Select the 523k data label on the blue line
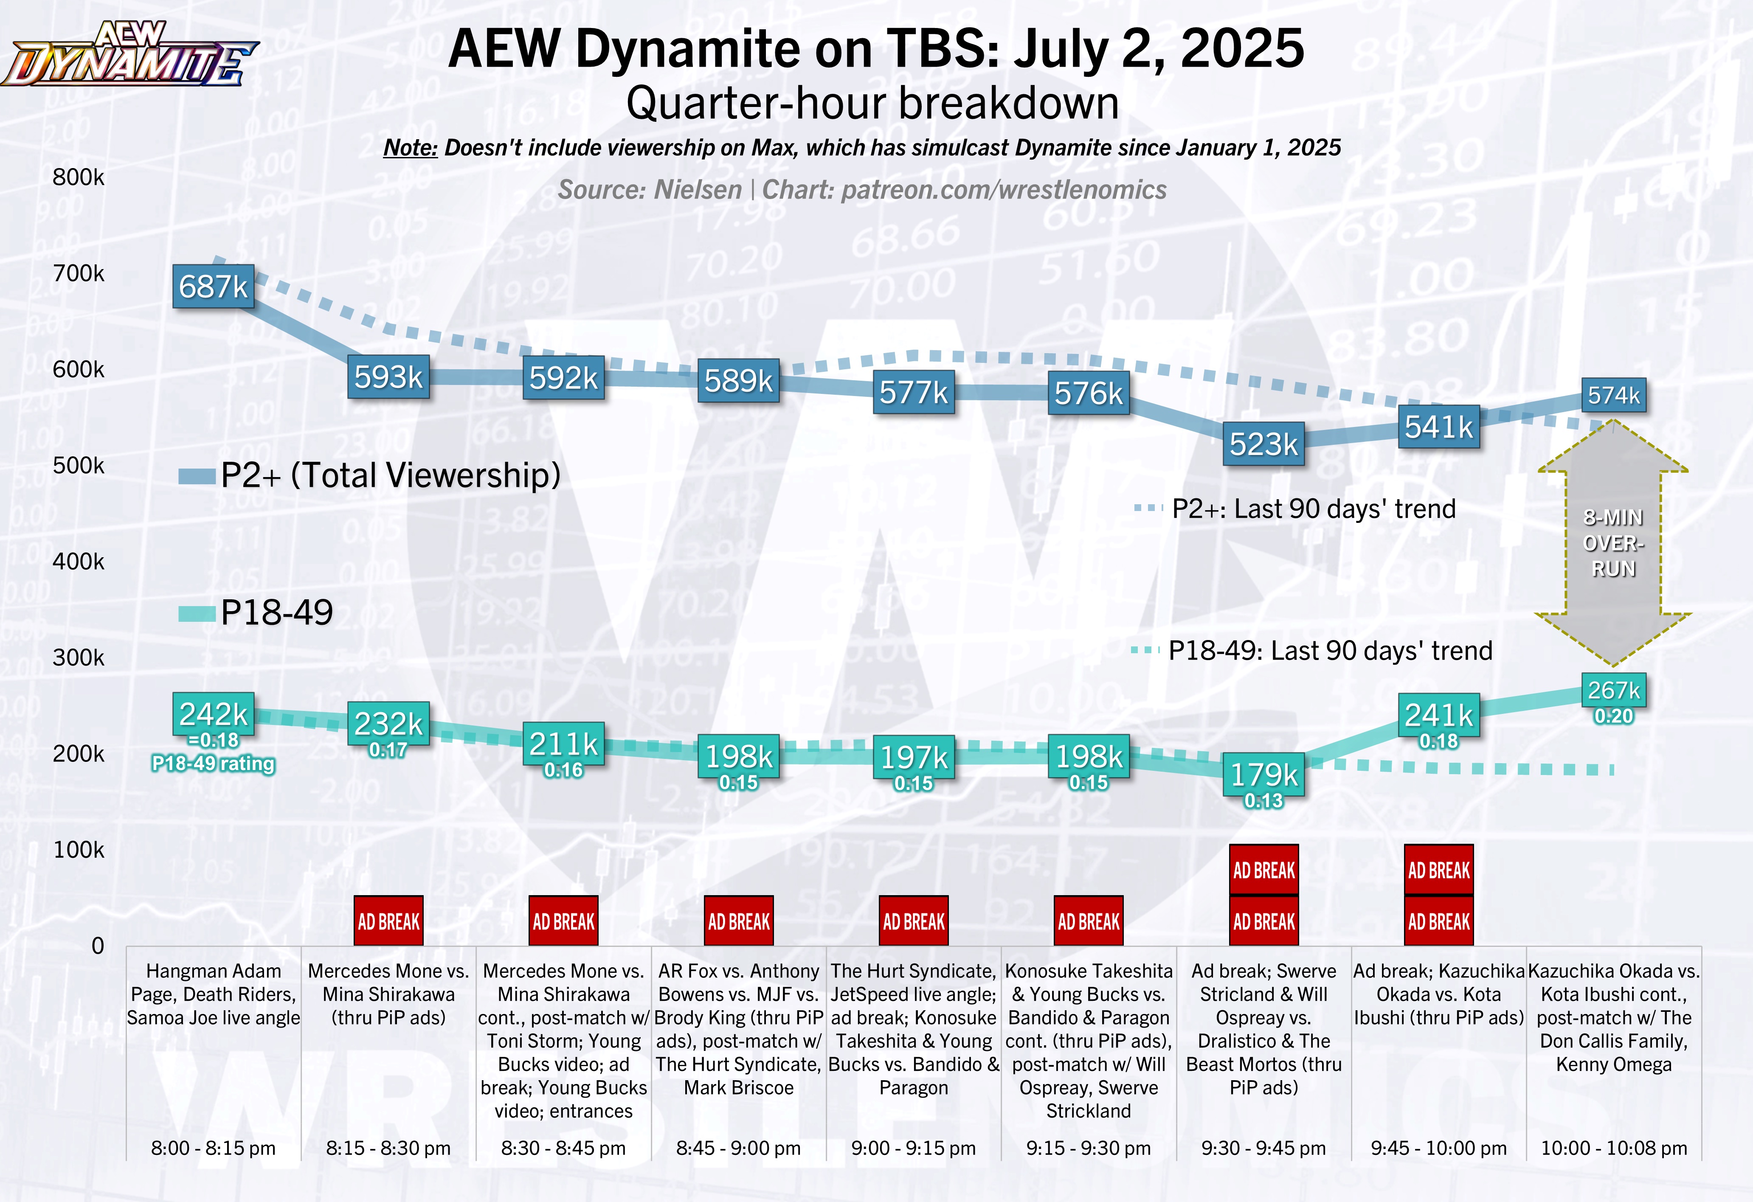tap(1263, 444)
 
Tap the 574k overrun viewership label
tap(1613, 395)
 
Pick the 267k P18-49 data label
tap(1613, 690)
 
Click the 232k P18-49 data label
tap(388, 724)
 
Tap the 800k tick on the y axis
tap(79, 177)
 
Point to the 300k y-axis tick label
tap(79, 657)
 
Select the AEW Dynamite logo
tap(130, 54)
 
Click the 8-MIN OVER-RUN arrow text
tap(1613, 543)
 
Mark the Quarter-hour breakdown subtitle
tap(873, 103)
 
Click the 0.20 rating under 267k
tap(1613, 716)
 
